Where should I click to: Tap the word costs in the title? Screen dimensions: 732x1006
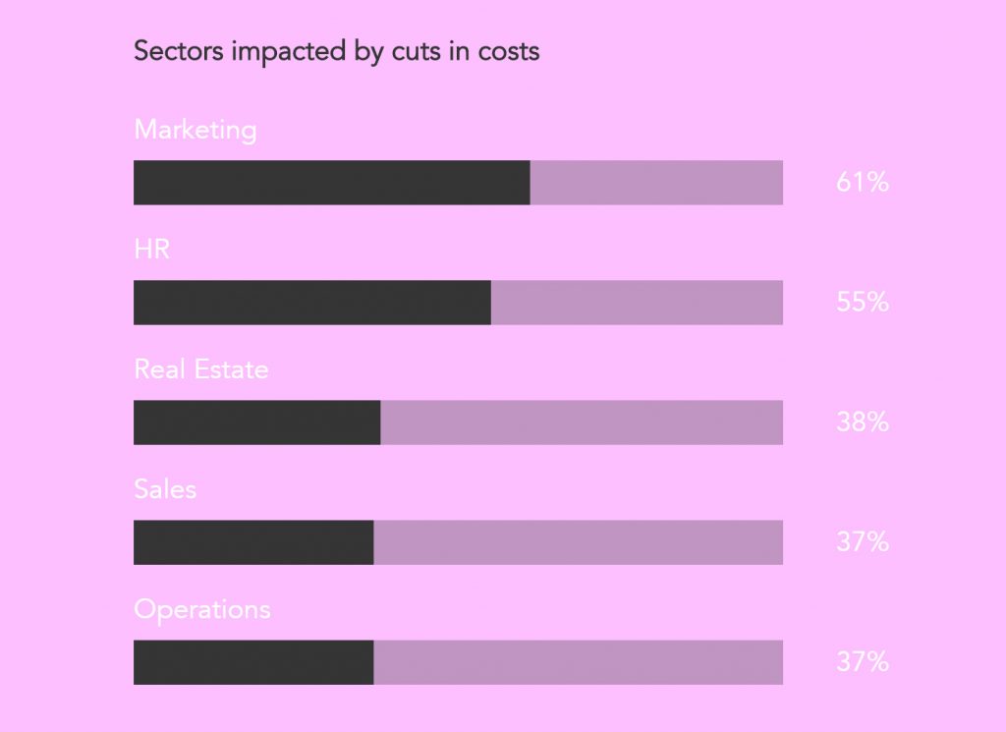point(508,51)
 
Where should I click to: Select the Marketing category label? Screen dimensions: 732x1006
point(196,130)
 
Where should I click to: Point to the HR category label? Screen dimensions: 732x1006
point(152,250)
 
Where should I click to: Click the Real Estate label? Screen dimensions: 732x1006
point(201,369)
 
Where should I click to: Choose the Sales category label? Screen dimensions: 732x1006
point(165,489)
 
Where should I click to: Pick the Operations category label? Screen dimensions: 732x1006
point(202,609)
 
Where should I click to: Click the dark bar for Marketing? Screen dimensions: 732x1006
point(331,183)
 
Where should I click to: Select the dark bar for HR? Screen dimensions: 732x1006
point(311,303)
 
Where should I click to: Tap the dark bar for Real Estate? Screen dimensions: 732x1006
point(256,422)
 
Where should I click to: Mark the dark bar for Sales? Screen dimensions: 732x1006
point(253,542)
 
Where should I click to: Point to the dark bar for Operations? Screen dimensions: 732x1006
point(253,662)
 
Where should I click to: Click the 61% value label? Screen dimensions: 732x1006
point(863,183)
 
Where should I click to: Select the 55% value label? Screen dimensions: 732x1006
point(863,303)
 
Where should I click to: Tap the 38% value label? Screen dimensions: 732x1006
point(863,422)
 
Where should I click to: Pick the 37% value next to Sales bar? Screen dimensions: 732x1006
point(863,542)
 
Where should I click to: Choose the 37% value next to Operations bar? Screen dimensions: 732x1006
point(863,662)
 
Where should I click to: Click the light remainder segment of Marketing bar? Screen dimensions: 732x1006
point(656,183)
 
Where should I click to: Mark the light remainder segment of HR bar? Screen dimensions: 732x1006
point(637,303)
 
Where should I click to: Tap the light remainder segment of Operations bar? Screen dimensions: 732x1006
point(578,662)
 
